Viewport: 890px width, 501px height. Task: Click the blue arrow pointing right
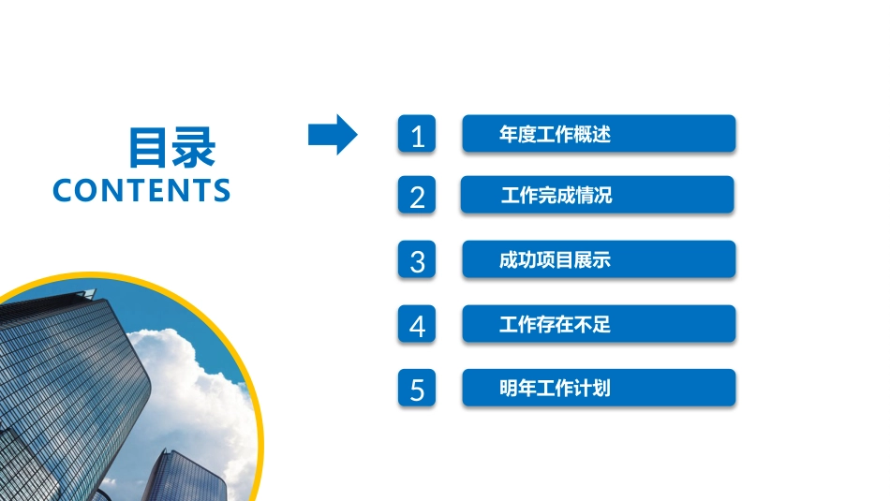[332, 135]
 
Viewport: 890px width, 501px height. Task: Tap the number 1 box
[417, 134]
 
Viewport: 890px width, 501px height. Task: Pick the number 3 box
[417, 259]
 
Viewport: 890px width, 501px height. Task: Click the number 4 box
[417, 324]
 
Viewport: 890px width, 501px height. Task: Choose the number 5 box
[417, 388]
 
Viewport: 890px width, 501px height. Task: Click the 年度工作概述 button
[599, 134]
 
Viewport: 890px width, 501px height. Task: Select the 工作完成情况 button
[597, 195]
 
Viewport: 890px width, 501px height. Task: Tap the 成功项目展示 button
[599, 259]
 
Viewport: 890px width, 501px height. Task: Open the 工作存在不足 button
[599, 324]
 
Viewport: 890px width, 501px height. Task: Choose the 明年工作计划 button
[599, 388]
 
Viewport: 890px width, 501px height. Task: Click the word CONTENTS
[141, 190]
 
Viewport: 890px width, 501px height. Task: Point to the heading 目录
[171, 148]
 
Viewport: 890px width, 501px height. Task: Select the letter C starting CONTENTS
[63, 190]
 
